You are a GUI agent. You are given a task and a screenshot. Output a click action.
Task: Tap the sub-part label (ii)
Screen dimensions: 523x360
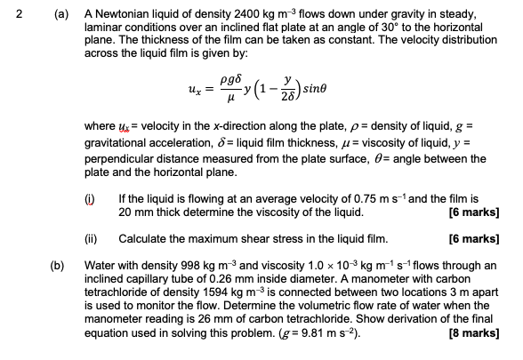(x=101, y=238)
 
